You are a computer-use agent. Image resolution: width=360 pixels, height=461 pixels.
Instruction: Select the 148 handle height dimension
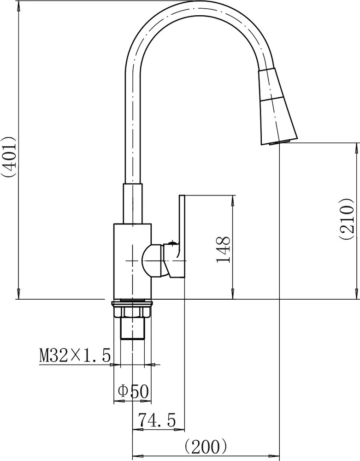pyautogui.click(x=224, y=249)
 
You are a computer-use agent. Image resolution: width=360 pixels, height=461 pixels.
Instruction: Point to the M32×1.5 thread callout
pyautogui.click(x=75, y=355)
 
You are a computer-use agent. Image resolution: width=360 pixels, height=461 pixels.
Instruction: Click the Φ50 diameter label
pyautogui.click(x=133, y=391)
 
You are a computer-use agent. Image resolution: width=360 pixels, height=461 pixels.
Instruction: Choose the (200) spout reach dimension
pyautogui.click(x=206, y=446)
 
